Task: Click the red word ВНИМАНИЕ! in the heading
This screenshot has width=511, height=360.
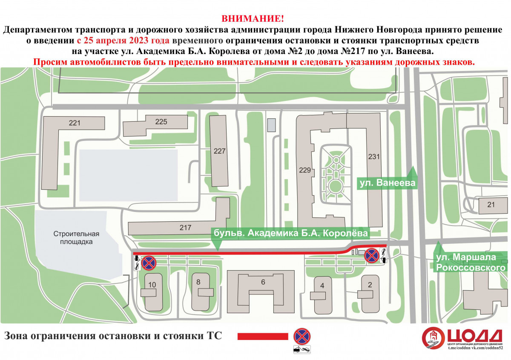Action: (253, 18)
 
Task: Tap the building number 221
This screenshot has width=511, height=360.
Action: (75, 123)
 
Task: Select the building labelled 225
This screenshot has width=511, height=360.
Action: (161, 122)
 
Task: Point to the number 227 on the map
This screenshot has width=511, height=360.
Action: (219, 151)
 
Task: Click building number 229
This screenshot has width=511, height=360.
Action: (305, 170)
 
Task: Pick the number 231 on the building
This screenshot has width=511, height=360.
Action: (374, 157)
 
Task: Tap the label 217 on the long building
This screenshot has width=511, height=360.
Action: (185, 228)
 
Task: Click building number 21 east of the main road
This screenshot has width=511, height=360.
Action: (491, 205)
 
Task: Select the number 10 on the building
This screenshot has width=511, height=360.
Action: (152, 285)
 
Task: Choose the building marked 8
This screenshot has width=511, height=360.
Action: (198, 282)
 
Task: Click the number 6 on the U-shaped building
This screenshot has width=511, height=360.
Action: (263, 282)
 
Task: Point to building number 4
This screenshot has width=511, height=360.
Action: (322, 286)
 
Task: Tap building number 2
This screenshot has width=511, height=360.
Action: (370, 285)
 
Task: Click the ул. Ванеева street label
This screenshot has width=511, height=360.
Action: (388, 183)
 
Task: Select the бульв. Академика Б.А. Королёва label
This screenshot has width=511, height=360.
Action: (290, 233)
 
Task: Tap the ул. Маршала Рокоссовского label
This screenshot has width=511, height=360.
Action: (471, 262)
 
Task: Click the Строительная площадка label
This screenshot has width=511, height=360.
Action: (76, 238)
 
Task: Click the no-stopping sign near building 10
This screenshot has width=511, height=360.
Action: (149, 263)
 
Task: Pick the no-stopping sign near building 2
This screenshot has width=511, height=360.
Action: (372, 256)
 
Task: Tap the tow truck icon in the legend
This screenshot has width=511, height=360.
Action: (302, 349)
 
